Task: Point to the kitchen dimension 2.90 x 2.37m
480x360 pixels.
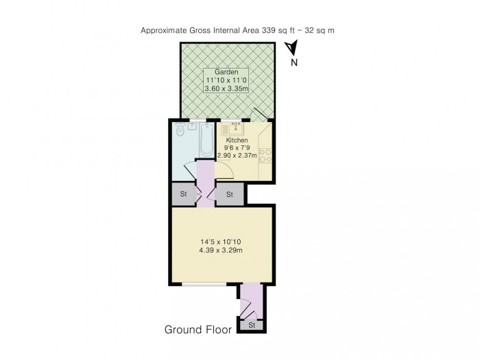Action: point(237,156)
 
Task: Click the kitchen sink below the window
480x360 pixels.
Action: point(237,128)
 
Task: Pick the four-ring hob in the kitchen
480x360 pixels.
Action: point(267,155)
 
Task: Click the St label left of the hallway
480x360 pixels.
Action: point(183,195)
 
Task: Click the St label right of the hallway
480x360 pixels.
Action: point(230,195)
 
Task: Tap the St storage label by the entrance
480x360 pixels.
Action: point(252,325)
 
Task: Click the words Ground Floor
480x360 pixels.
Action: point(197,329)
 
